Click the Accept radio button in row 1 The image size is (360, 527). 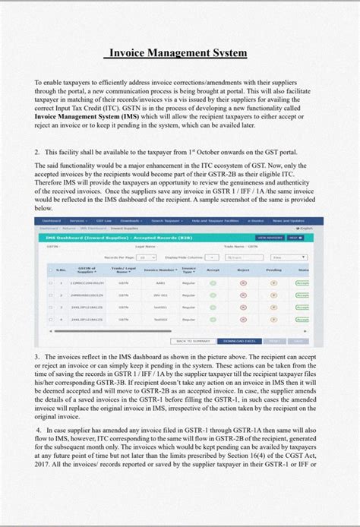pos(213,283)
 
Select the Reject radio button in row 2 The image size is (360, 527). pos(243,295)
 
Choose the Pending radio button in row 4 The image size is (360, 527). pos(273,320)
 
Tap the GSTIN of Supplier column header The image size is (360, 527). pos(87,270)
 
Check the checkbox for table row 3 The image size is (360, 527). pos(50,308)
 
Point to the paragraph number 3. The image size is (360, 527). pos(37,356)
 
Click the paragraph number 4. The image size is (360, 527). pos(38,429)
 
